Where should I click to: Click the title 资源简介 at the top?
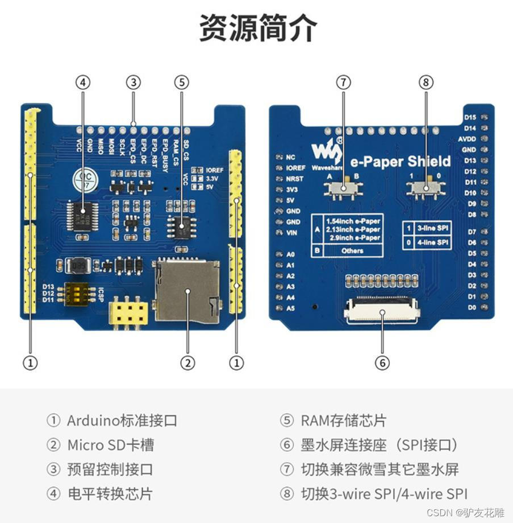[257, 28]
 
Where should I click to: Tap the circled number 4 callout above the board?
[83, 83]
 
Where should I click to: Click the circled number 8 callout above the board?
[426, 83]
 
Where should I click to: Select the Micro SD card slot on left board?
[188, 290]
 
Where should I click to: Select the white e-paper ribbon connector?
[382, 311]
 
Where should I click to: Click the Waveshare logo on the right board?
[327, 150]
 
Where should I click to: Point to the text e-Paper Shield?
[400, 162]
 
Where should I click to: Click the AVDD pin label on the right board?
[466, 139]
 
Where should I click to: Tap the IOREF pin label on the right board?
[296, 168]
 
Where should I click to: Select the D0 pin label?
[471, 307]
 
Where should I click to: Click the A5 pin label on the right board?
[291, 308]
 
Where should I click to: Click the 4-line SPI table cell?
[433, 242]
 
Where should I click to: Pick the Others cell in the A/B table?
[352, 250]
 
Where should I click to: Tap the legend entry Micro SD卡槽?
[110, 445]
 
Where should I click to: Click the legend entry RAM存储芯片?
[343, 421]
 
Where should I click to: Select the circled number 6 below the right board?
[382, 363]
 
